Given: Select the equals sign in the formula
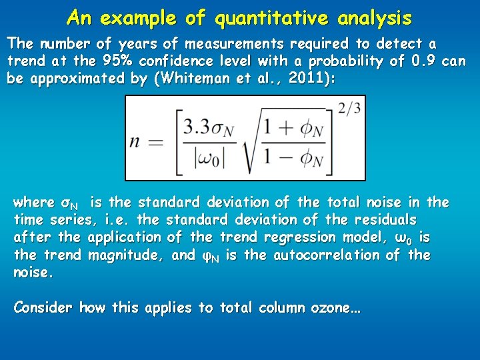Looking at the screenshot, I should pos(157,141).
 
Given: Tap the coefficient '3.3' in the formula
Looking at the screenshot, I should pos(198,127).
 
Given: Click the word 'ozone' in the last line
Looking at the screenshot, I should pos(333,308).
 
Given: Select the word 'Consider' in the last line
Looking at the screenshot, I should pos(43,308).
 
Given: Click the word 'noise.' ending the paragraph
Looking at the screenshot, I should pos(32,273).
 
